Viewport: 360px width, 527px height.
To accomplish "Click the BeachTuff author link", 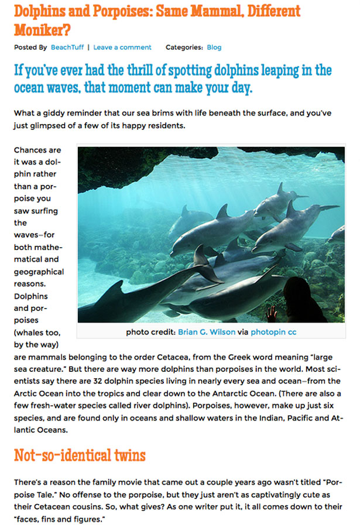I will [x=67, y=47].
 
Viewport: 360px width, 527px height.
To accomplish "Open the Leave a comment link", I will [x=122, y=47].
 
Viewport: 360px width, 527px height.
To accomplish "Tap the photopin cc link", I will [x=273, y=332].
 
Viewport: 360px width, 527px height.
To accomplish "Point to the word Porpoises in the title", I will [x=126, y=11].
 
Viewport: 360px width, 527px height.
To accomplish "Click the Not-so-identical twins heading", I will [x=80, y=455].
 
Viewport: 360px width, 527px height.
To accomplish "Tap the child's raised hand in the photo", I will [x=272, y=313].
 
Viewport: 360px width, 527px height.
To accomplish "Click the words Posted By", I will [x=30, y=47].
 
